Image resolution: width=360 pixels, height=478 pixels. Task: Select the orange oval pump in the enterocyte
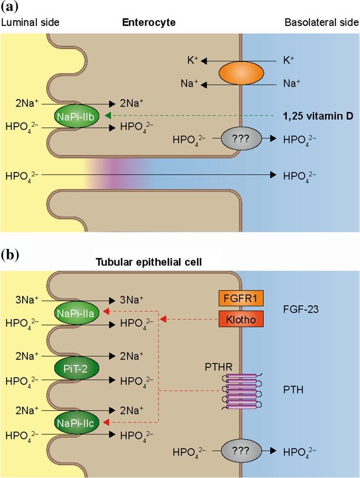point(240,73)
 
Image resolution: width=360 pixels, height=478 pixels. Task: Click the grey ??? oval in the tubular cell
point(241,451)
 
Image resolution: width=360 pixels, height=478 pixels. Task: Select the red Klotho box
point(240,319)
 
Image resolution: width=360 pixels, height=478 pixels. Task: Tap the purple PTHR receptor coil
point(241,389)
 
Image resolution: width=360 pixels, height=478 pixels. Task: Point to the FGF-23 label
point(300,309)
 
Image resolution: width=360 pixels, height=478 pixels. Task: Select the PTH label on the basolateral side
point(293,389)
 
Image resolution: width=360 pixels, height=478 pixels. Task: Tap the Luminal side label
point(30,22)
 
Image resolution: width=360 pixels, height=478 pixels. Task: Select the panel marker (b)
point(11,255)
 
